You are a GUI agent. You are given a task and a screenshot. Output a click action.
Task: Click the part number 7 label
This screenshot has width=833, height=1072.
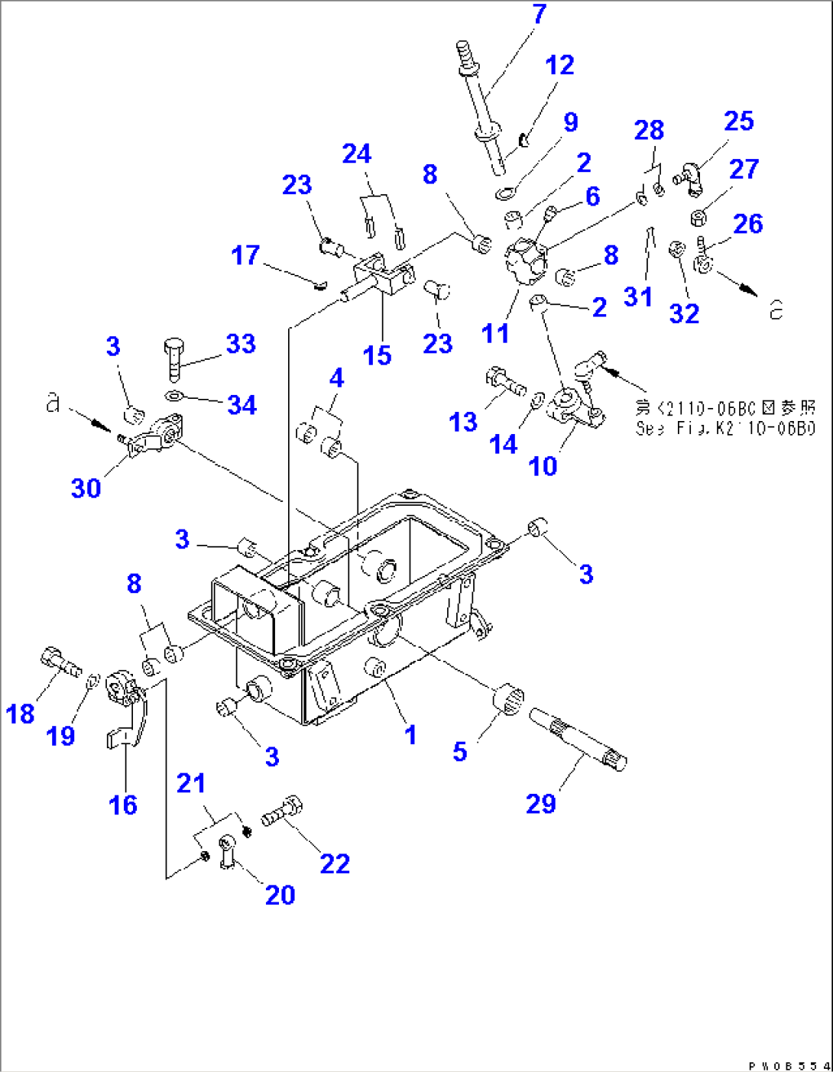pyautogui.click(x=540, y=15)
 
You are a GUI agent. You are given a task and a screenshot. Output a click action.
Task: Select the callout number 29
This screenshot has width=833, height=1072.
pyautogui.click(x=541, y=803)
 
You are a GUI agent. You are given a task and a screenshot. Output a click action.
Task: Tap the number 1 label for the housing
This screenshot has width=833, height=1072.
pyautogui.click(x=410, y=735)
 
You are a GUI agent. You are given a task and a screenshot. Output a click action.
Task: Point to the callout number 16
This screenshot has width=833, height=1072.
pyautogui.click(x=122, y=805)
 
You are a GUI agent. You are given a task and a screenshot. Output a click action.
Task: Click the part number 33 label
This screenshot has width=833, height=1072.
pyautogui.click(x=241, y=344)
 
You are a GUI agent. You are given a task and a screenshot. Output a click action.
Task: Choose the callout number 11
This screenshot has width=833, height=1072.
pyautogui.click(x=495, y=333)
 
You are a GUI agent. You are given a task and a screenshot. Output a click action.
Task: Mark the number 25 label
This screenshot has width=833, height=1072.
pyautogui.click(x=738, y=121)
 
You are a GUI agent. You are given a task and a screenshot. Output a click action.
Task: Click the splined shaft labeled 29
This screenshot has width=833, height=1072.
pyautogui.click(x=582, y=738)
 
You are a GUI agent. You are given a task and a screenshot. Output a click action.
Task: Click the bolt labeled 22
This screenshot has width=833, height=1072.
pyautogui.click(x=284, y=811)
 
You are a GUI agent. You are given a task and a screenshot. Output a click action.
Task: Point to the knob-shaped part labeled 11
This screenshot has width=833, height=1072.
pyautogui.click(x=526, y=262)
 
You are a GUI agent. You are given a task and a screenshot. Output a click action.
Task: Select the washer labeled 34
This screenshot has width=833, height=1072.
pyautogui.click(x=174, y=396)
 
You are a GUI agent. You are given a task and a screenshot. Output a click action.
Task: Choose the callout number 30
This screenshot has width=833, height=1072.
pyautogui.click(x=86, y=487)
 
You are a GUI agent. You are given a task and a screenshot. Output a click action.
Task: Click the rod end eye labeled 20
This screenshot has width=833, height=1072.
pyautogui.click(x=227, y=850)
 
